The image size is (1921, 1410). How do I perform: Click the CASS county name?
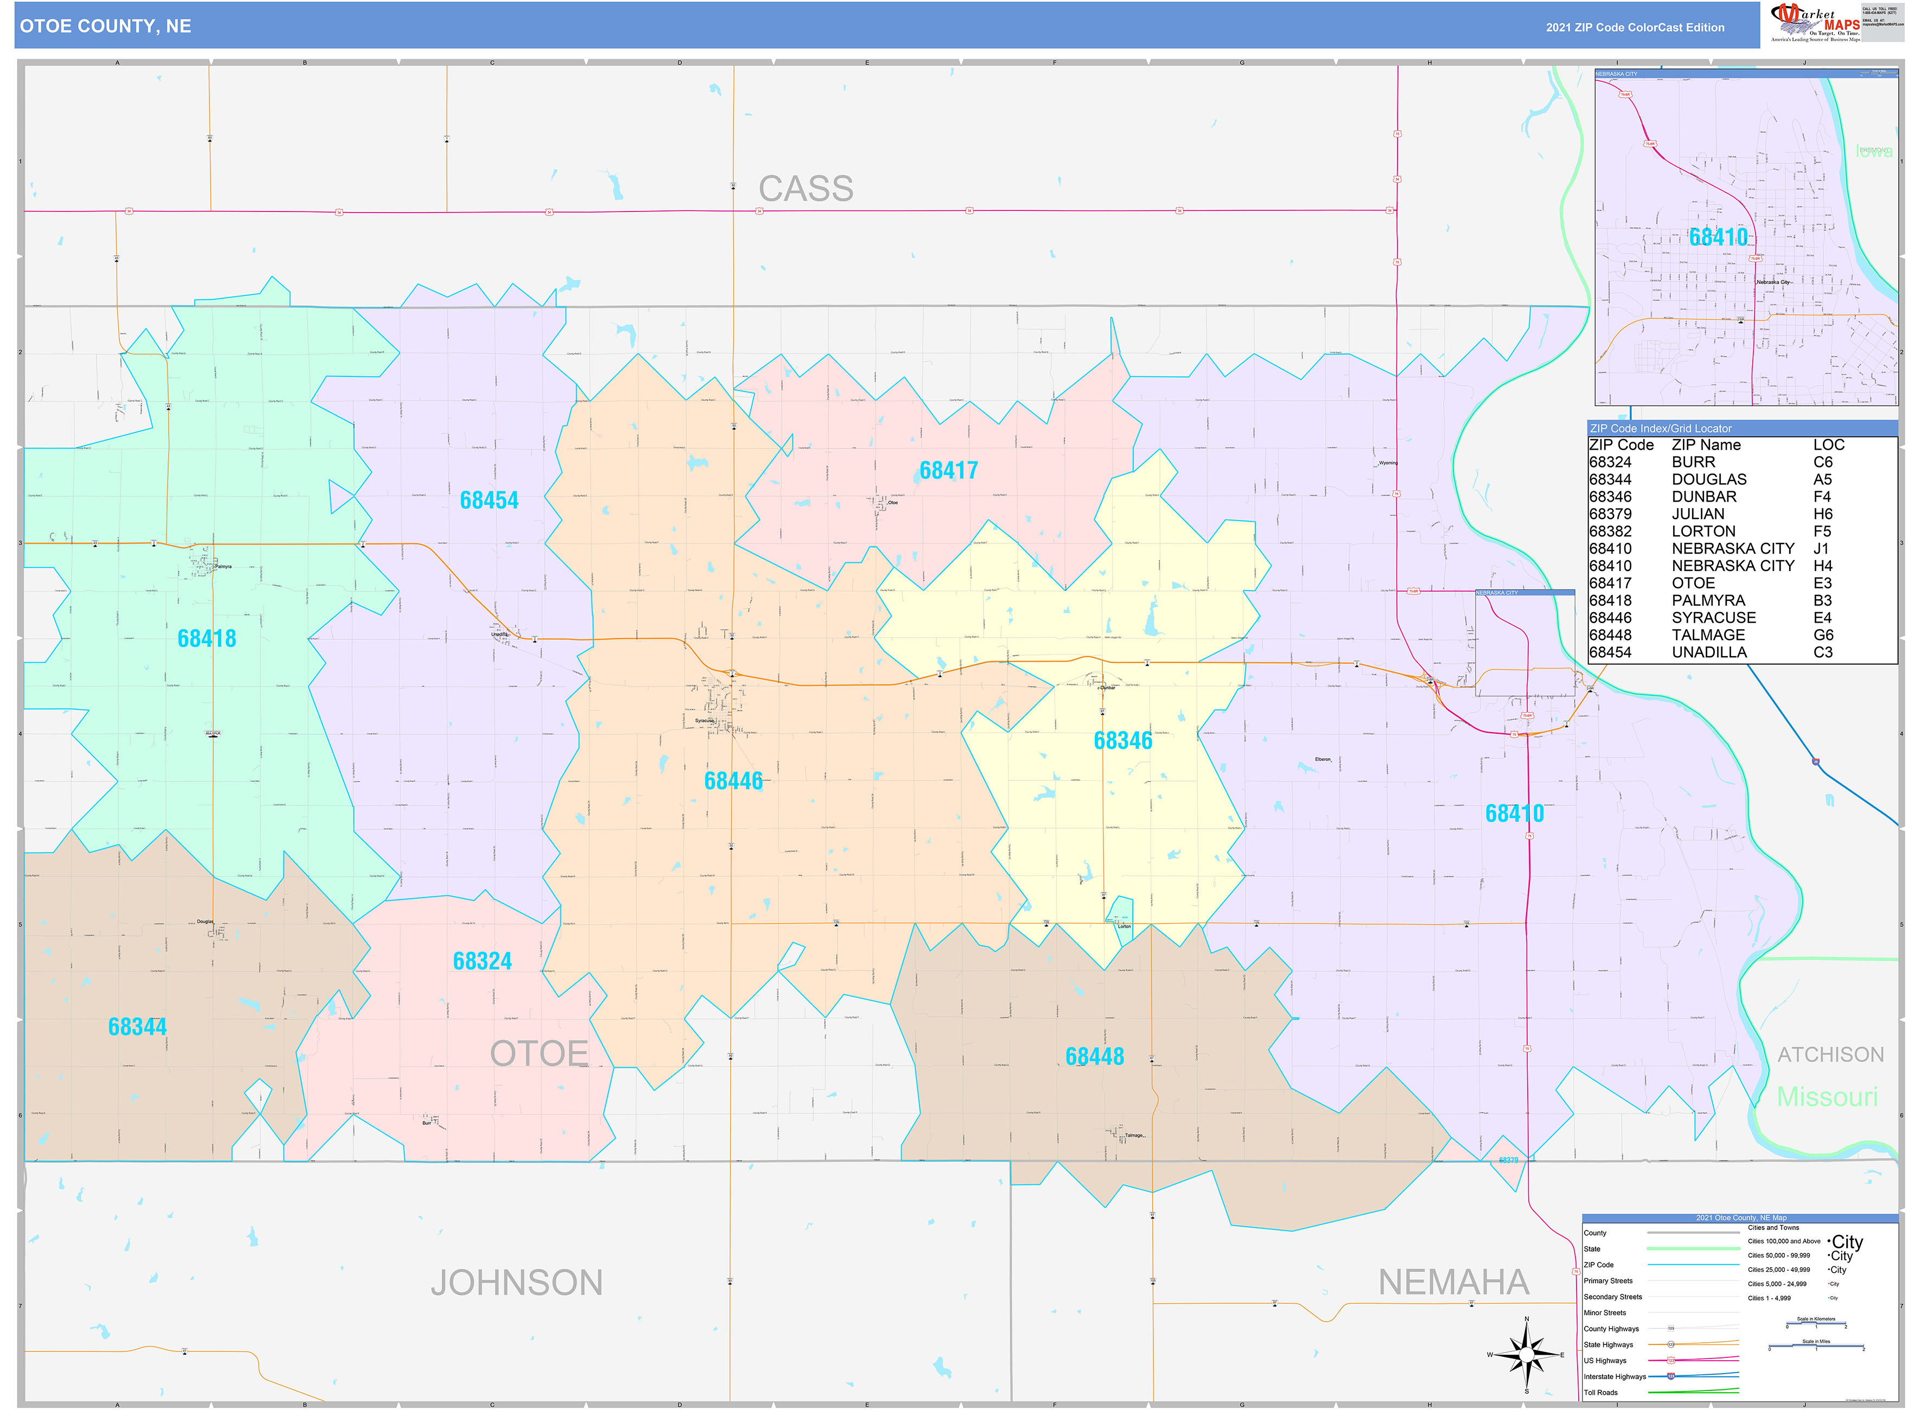point(806,189)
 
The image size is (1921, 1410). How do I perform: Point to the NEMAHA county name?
point(1453,1283)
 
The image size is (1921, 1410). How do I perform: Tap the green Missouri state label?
point(1827,1098)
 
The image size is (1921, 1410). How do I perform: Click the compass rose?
point(1527,1355)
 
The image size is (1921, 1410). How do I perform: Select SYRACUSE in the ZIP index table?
point(1714,618)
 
